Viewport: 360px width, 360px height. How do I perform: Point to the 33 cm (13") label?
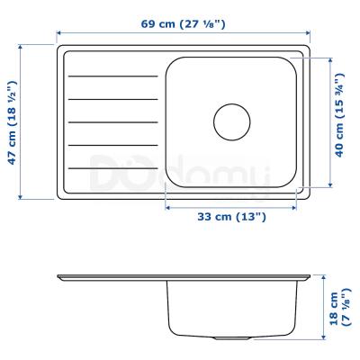click(232, 217)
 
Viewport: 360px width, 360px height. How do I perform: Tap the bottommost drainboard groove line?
click(112, 168)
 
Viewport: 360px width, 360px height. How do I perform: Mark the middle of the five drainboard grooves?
click(112, 121)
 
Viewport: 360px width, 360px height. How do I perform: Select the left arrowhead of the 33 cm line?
click(168, 206)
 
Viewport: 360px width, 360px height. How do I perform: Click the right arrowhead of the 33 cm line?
click(294, 206)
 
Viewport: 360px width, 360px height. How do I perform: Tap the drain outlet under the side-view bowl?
click(232, 337)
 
